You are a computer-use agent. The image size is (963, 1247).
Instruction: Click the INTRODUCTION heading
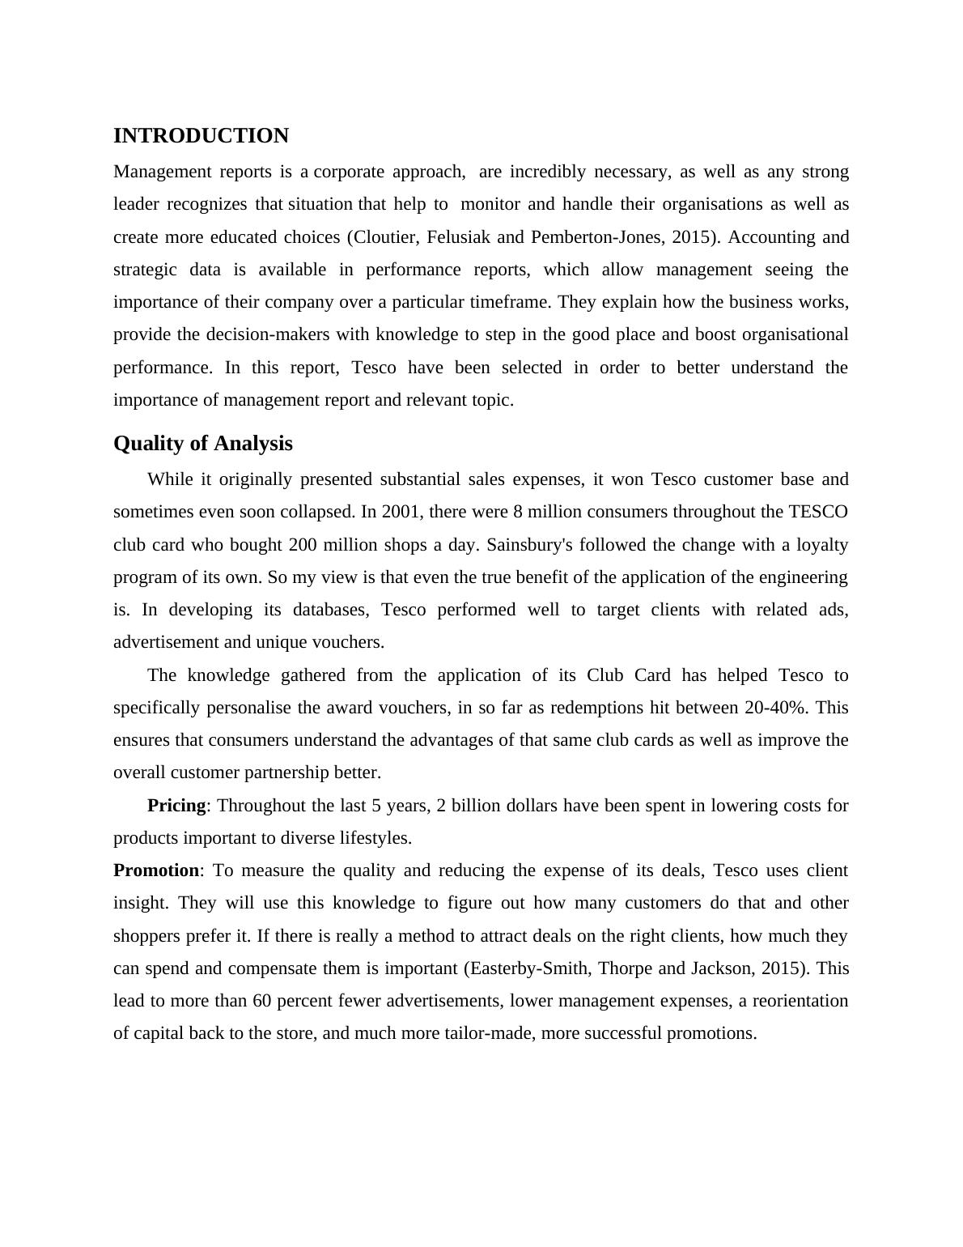point(201,136)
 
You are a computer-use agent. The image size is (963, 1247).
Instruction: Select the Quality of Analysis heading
point(202,444)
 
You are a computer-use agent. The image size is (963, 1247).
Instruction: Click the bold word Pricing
point(176,806)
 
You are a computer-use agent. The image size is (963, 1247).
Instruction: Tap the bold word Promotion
point(155,870)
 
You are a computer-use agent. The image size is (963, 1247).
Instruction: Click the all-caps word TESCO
point(817,512)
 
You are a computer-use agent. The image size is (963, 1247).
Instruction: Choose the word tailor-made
point(490,1033)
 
